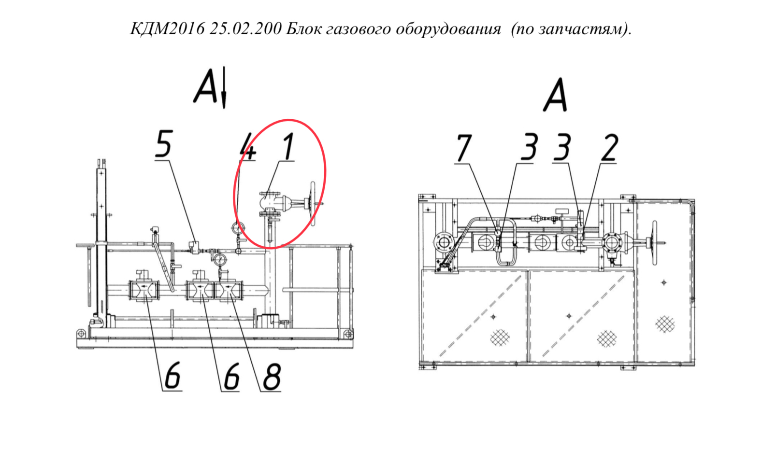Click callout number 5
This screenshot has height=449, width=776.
[163, 144]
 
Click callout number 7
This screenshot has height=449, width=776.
[464, 148]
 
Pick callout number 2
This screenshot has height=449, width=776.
[609, 148]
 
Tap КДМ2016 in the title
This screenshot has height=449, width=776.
[168, 29]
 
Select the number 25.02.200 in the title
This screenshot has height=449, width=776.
[245, 29]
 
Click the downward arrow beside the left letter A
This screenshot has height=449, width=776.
[224, 87]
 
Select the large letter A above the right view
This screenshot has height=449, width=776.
[555, 95]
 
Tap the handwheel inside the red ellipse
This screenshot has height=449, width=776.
[313, 204]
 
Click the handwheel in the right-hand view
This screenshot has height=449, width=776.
[654, 243]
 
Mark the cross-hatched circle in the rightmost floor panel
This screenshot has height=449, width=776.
[665, 324]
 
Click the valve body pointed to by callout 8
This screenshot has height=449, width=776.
[229, 290]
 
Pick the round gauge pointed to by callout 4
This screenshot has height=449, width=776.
[238, 227]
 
